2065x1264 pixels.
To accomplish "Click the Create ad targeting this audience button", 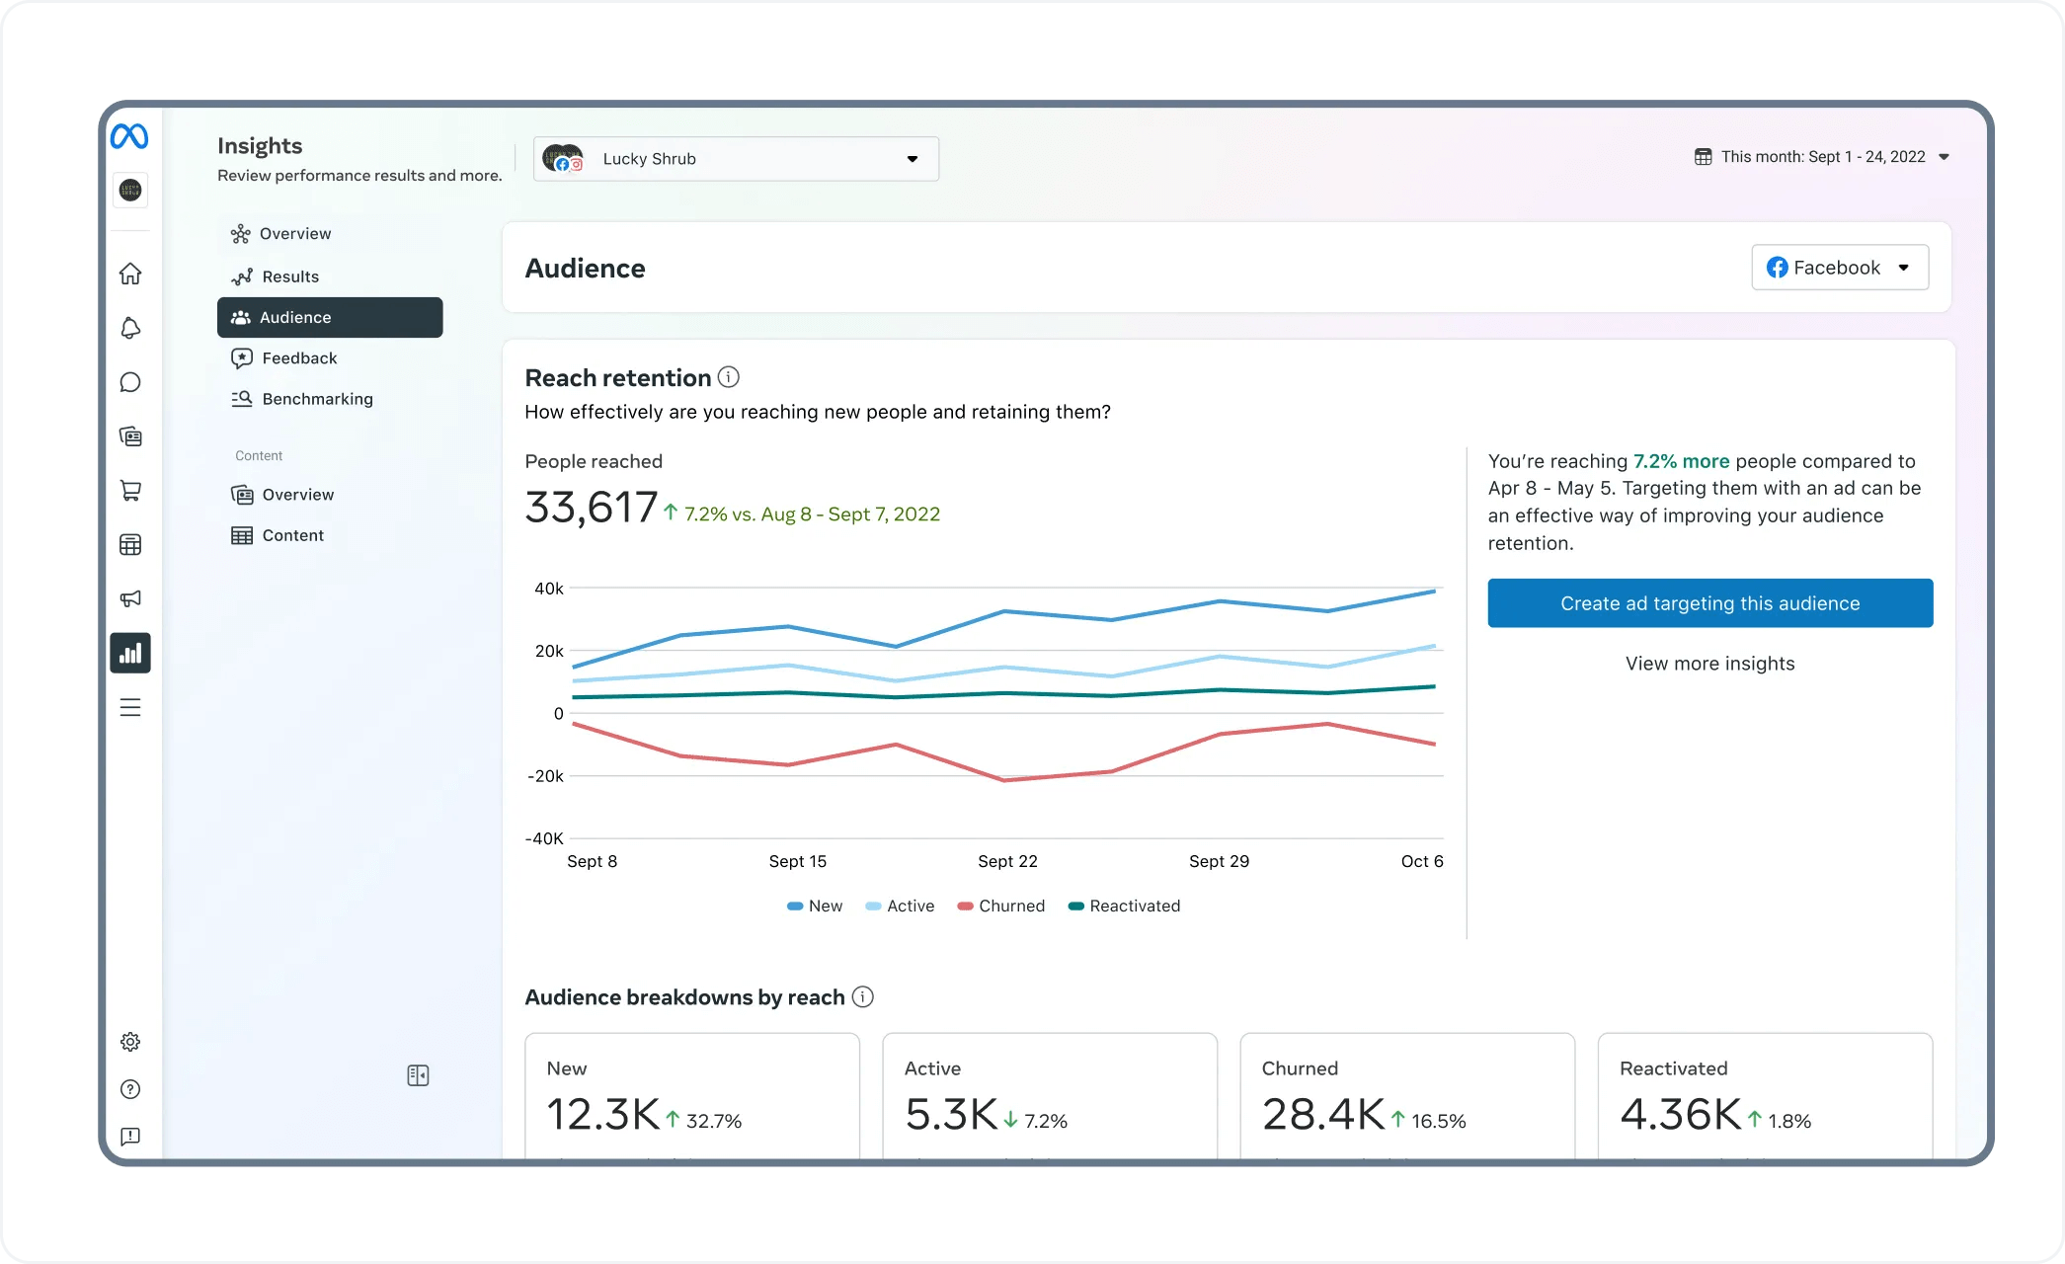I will [1709, 603].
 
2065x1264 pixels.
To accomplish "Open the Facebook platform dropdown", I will [1839, 268].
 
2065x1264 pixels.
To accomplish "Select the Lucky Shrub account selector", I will [736, 159].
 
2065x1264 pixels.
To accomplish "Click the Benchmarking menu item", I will [317, 399].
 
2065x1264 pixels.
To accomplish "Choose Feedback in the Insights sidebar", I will [299, 358].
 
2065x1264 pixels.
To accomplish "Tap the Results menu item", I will [290, 276].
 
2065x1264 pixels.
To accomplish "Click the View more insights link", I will [1709, 664].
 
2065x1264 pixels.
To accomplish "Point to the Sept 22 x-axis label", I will [1007, 861].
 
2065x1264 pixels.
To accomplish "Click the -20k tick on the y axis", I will [545, 776].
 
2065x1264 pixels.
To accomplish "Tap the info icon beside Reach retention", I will [729, 377].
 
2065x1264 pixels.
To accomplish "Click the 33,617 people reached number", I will [591, 508].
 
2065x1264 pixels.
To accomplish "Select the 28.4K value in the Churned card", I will [1322, 1115].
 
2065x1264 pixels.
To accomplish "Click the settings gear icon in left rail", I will [130, 1042].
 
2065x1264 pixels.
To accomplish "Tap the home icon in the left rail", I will [130, 274].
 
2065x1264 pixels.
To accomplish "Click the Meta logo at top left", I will [129, 136].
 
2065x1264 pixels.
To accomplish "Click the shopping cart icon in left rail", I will [130, 491].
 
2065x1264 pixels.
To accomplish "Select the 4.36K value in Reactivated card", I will [1680, 1115].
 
